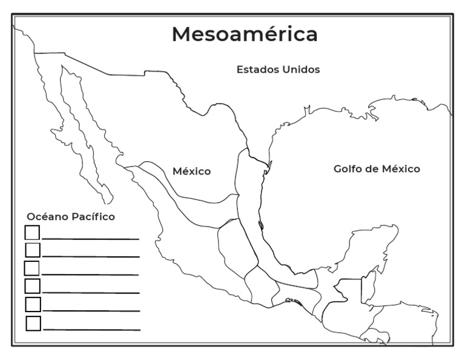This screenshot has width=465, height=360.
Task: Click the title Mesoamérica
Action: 245,34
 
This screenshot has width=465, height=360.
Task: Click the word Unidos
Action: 301,70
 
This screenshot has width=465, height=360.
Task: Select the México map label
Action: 192,172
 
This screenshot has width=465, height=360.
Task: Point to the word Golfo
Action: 349,169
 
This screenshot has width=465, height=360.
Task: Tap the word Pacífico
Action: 93,216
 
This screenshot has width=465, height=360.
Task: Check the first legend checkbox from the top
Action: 32,232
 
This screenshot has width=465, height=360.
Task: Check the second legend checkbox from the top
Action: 33,250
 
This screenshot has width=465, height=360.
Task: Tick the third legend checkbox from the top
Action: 31,268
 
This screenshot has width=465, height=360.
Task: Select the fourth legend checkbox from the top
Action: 33,285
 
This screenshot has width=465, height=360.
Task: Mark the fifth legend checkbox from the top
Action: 33,304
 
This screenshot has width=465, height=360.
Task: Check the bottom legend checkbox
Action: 33,324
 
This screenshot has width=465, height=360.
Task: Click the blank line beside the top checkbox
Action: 91,239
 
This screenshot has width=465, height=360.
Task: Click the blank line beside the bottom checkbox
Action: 91,330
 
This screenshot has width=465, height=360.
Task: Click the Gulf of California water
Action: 91,145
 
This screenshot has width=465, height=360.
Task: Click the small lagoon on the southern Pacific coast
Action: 290,300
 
